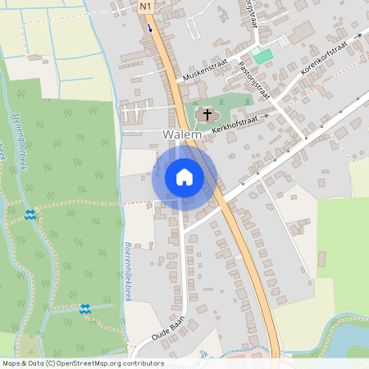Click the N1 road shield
[146, 7]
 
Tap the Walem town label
[182, 134]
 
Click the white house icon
[184, 176]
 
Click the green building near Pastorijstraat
[262, 55]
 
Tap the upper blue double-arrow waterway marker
[30, 215]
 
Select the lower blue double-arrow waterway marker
[84, 308]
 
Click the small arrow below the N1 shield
[151, 26]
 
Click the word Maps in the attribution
[11, 363]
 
